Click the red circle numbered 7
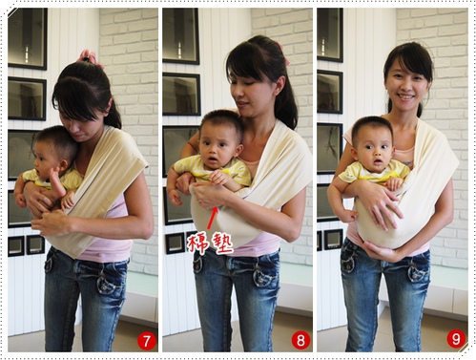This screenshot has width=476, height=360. click(x=147, y=341)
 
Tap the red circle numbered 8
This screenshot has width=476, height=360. click(x=300, y=341)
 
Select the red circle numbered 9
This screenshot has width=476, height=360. click(x=456, y=339)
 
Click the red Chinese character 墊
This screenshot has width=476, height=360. click(x=222, y=244)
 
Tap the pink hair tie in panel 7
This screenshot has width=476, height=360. click(x=90, y=57)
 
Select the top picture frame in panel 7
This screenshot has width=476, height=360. click(x=28, y=39)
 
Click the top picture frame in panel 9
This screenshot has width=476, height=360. click(x=330, y=35)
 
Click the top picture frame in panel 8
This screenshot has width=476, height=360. click(x=181, y=36)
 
